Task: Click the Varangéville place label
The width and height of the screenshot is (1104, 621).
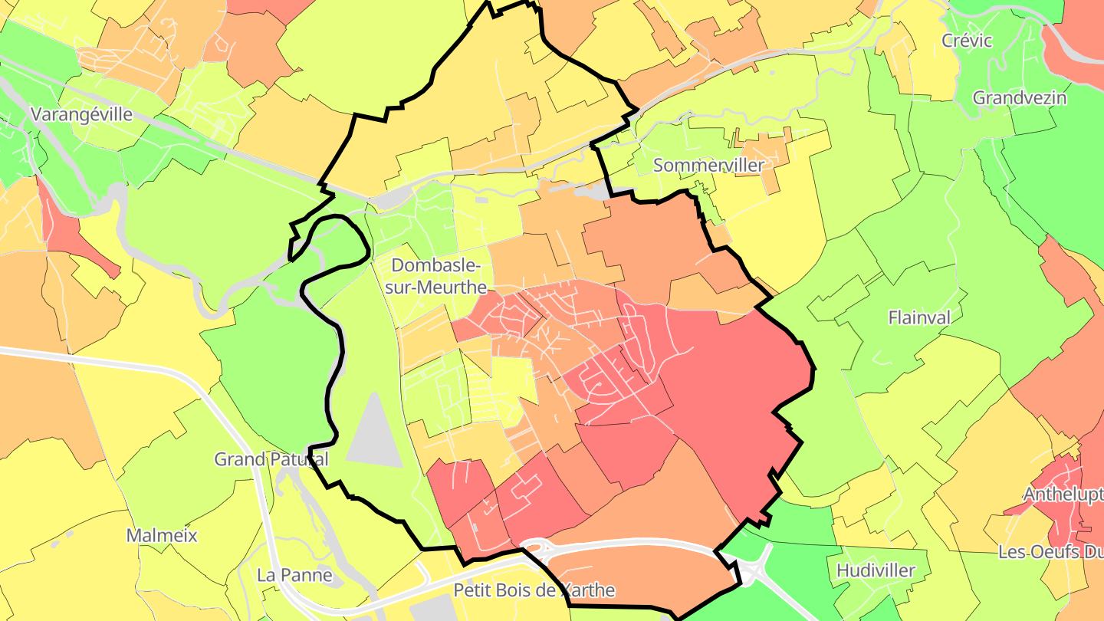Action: [81, 115]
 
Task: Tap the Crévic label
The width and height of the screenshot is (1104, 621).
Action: [967, 41]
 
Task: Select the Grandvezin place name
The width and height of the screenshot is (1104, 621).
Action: [1019, 98]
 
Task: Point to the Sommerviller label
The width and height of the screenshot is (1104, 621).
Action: [708, 166]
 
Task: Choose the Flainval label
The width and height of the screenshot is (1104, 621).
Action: [919, 317]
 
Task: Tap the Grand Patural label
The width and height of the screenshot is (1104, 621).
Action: [271, 459]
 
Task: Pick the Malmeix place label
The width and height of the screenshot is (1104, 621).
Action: [162, 535]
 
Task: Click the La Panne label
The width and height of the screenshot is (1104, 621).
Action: [294, 575]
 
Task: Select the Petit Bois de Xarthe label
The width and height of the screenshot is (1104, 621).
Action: [534, 590]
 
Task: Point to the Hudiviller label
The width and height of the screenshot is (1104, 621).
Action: [876, 570]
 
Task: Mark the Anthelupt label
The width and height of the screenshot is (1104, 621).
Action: [1063, 495]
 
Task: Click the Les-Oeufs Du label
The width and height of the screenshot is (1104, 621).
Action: [1050, 552]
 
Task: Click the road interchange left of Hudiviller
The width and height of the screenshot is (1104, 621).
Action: [747, 571]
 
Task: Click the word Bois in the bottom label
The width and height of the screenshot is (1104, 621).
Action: [528, 590]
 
